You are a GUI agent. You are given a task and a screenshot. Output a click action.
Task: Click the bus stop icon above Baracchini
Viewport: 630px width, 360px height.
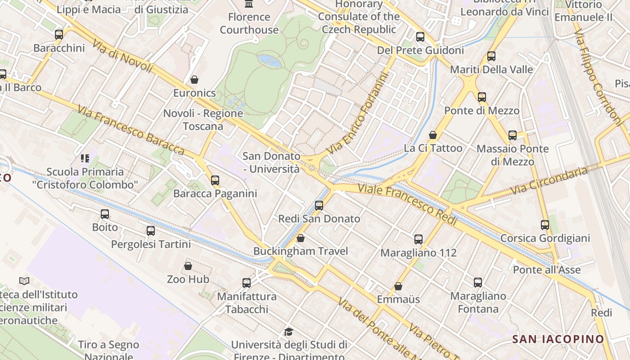pos(58,35)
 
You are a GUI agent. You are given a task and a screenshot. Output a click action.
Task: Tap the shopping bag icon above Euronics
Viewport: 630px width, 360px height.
pos(194,80)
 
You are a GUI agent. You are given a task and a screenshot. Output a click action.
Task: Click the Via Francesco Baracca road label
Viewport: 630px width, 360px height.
pos(130,130)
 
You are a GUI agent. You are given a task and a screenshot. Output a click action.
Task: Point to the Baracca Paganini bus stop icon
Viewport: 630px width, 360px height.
pos(215,180)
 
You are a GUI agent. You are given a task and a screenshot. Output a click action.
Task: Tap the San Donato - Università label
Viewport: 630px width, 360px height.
pos(271,162)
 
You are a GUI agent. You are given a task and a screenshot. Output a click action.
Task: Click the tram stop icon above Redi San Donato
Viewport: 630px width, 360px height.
pos(319,206)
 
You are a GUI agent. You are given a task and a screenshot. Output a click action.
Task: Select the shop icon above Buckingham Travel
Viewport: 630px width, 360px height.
pos(301,238)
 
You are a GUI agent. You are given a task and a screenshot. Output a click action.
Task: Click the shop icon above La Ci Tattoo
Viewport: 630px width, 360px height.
pos(433,135)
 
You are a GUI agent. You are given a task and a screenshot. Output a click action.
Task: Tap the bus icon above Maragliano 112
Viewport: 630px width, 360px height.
pos(418,239)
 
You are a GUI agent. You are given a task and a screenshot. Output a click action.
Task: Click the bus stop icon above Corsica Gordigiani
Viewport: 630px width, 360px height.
pos(545,225)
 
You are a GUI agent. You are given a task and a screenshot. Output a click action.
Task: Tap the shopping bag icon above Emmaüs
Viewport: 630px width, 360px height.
pos(398,286)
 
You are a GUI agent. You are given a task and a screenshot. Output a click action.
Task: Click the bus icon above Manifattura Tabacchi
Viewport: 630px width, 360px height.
pos(247,283)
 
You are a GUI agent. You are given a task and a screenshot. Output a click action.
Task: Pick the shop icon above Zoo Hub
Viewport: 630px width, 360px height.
pos(188,266)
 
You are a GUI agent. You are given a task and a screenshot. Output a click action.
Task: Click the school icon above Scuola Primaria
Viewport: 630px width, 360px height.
pos(85,158)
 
